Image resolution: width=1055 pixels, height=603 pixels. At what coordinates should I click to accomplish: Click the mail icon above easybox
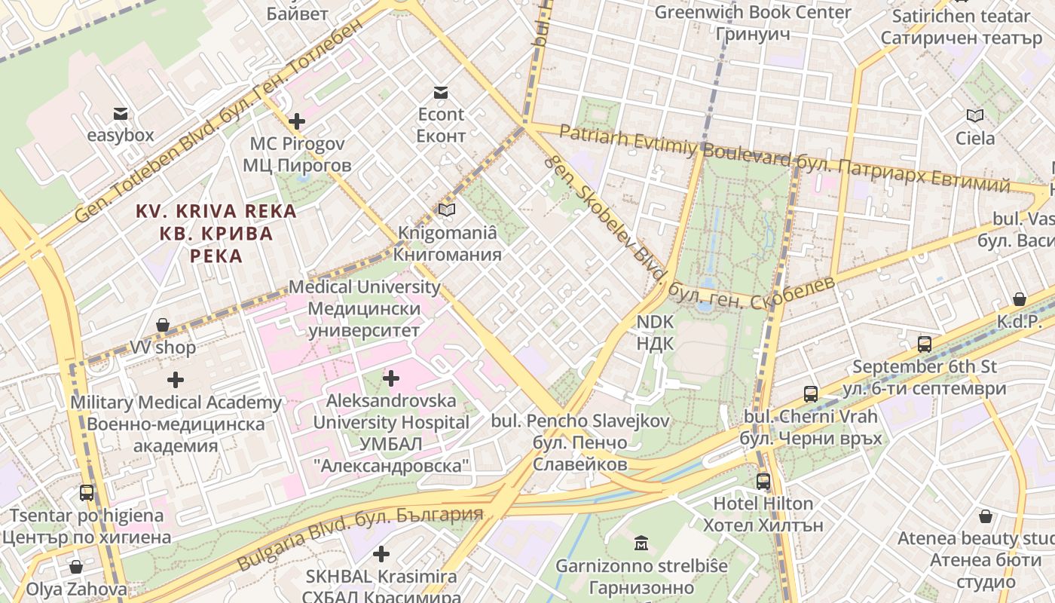121,114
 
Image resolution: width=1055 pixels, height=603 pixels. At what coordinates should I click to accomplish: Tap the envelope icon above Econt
441,93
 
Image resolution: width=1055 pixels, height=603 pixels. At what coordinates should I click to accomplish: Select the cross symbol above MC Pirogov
297,121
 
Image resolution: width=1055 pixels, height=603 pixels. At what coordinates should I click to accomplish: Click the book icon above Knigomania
447,210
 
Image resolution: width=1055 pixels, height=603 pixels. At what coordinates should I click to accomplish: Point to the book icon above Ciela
975,115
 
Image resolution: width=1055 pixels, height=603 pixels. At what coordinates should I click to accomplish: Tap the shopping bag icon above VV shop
162,326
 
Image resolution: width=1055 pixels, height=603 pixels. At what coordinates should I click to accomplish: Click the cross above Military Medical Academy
176,380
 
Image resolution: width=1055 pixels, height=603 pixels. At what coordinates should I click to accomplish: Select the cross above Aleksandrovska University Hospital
391,378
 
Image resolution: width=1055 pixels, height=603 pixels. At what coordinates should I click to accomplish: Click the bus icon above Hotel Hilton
763,481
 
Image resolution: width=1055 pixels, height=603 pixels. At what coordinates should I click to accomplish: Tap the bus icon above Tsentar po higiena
87,493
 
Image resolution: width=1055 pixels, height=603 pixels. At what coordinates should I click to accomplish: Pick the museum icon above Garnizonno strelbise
641,543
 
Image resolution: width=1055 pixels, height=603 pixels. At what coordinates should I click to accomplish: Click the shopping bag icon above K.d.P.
1020,299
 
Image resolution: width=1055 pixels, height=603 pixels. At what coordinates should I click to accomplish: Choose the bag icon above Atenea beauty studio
986,516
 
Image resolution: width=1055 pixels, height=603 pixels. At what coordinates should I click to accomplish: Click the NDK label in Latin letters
655,322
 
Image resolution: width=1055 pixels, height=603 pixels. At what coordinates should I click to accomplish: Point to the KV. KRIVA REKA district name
216,212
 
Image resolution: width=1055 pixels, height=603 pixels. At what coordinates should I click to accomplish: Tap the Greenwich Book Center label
752,12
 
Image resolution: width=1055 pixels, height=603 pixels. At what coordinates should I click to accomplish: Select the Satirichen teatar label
960,16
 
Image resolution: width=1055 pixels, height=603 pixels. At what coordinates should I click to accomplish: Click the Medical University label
365,286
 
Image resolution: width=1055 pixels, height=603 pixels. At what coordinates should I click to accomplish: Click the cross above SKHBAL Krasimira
381,555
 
